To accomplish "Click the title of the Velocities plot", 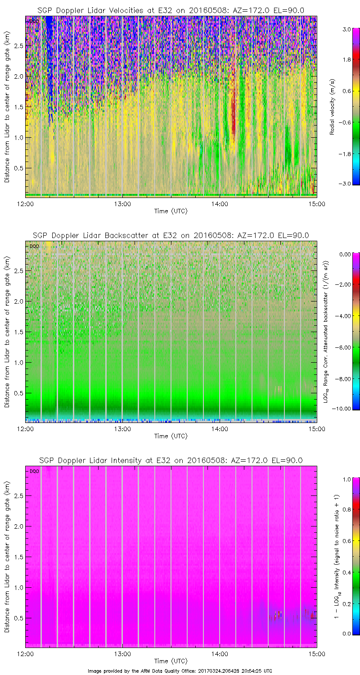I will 171,10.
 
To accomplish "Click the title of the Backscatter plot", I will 171,235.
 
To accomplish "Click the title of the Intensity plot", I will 171,460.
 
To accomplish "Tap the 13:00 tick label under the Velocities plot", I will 122,203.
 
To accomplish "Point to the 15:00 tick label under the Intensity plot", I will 316,653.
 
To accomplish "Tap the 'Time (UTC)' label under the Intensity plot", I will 171,661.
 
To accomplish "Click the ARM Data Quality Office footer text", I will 180,671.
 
